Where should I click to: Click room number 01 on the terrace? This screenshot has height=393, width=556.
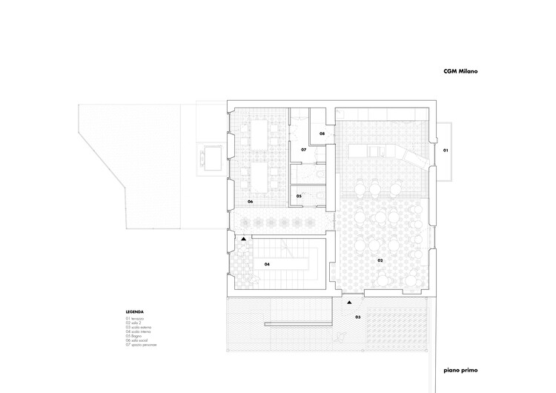446,151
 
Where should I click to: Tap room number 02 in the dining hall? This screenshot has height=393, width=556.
380,261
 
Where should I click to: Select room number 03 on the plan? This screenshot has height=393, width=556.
357,317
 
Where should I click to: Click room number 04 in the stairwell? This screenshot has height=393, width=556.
266,263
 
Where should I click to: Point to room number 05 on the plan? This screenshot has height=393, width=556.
299,196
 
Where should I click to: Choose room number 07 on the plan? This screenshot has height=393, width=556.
304,150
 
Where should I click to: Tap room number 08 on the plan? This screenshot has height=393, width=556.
322,133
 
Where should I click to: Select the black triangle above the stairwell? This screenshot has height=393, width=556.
243,239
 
